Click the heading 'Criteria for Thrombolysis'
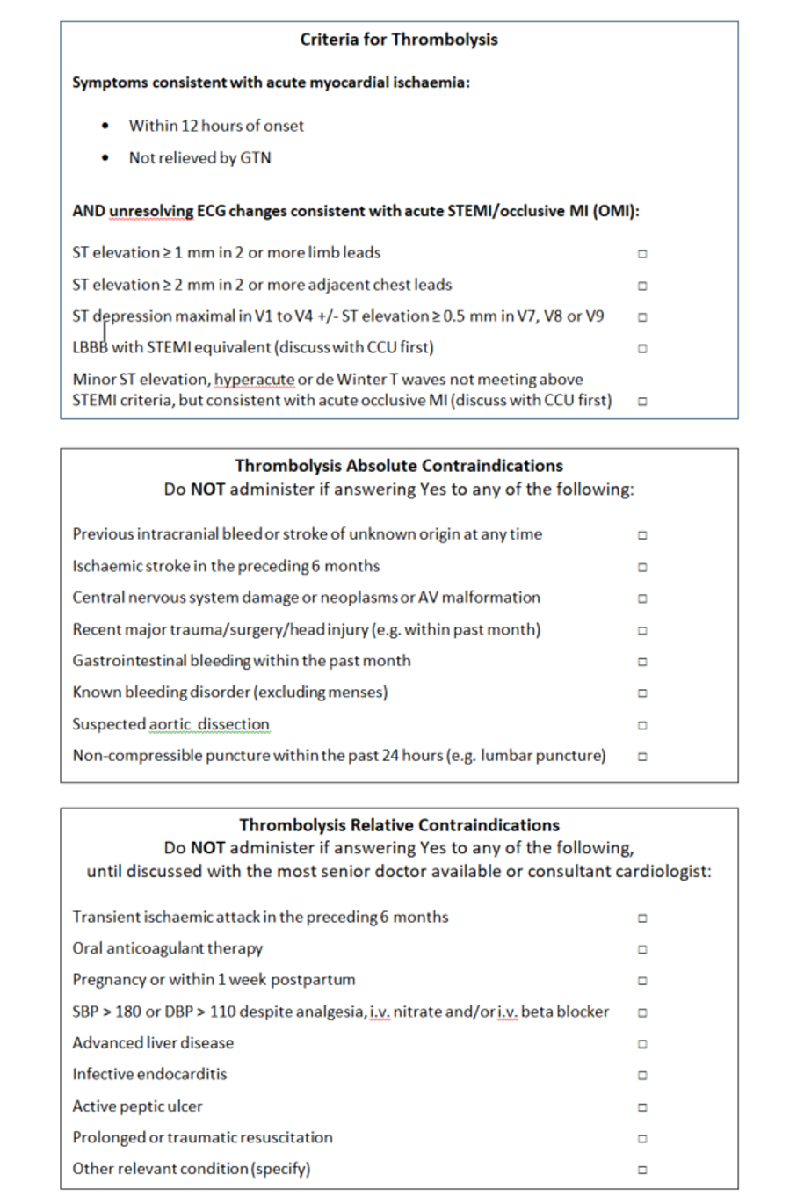(398, 40)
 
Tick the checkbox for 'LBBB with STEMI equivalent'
(642, 348)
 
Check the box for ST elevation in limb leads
(642, 254)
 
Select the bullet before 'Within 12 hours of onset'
(106, 126)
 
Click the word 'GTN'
(256, 158)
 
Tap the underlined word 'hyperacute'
(255, 380)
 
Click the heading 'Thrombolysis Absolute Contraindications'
(398, 466)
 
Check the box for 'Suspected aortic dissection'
(642, 725)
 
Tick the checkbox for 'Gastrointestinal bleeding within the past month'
(642, 662)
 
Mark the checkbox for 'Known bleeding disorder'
(642, 693)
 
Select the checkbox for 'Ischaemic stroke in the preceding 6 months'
(642, 567)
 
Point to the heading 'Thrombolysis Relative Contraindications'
(399, 825)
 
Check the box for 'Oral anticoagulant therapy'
(642, 949)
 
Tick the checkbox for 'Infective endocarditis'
(642, 1075)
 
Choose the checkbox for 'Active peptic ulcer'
(642, 1107)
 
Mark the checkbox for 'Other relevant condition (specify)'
(642, 1170)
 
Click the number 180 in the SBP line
(128, 1012)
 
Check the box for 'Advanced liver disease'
(642, 1044)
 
